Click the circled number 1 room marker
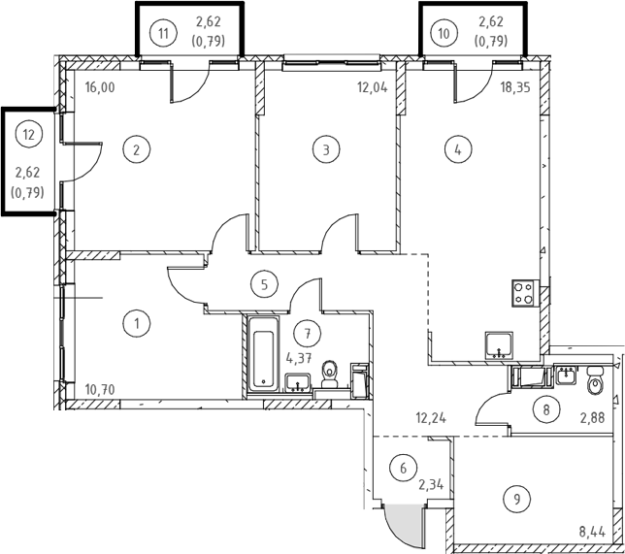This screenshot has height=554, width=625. click(x=137, y=324)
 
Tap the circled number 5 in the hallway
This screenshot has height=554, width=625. click(x=264, y=284)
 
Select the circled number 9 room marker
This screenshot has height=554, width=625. click(x=517, y=499)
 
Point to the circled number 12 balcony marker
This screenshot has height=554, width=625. click(x=29, y=135)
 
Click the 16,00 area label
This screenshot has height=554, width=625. click(x=100, y=87)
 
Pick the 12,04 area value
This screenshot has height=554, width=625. click(x=373, y=87)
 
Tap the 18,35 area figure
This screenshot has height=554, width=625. click(x=515, y=87)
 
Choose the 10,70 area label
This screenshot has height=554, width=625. click(x=100, y=389)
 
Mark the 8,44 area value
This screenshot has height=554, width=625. click(x=592, y=532)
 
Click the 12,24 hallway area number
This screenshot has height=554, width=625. click(x=431, y=418)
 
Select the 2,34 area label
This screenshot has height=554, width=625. click(x=431, y=485)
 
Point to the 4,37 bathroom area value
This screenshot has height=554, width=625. click(x=299, y=358)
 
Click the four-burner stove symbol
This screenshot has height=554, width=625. click(x=525, y=293)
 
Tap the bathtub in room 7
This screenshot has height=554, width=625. click(x=263, y=354)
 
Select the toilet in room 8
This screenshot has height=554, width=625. click(x=595, y=380)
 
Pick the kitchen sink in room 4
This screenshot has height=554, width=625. click(x=499, y=345)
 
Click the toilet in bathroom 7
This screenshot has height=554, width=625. click(x=330, y=375)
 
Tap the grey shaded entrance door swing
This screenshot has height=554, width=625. click(x=403, y=526)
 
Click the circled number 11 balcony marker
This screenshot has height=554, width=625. click(x=163, y=34)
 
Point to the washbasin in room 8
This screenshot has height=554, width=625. click(x=566, y=375)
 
